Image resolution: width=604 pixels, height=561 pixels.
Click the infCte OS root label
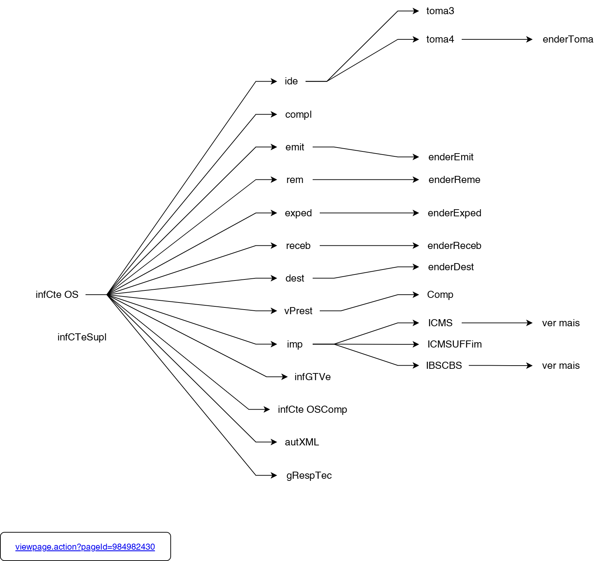click(x=57, y=295)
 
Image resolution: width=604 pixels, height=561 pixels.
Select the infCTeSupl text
click(x=82, y=337)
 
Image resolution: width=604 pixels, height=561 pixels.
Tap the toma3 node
click(x=440, y=11)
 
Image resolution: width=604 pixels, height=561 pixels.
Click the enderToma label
click(x=568, y=39)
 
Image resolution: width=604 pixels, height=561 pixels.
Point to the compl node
click(x=298, y=115)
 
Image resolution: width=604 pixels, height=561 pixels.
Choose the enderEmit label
click(x=451, y=157)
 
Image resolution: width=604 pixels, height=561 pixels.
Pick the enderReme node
click(x=454, y=180)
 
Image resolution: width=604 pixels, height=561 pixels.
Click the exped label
click(x=298, y=213)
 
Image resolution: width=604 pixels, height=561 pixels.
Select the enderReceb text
click(x=454, y=246)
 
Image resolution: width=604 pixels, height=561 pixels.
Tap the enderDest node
click(x=451, y=267)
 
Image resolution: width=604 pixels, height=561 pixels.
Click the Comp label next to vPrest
click(x=440, y=295)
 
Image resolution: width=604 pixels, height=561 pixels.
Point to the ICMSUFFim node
click(x=454, y=344)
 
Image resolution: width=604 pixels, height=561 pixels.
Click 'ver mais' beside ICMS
click(x=561, y=323)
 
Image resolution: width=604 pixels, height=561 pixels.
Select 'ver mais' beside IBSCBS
click(x=561, y=366)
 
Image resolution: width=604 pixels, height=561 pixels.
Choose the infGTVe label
click(x=313, y=377)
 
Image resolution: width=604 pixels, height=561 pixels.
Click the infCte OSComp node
click(x=312, y=410)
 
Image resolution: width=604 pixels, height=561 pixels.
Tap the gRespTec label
click(x=309, y=476)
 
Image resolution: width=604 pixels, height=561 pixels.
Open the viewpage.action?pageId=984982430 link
click(x=85, y=547)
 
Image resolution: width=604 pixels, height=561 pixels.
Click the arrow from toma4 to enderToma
click(x=497, y=39)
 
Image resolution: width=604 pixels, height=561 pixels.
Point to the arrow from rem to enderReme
click(x=366, y=180)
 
